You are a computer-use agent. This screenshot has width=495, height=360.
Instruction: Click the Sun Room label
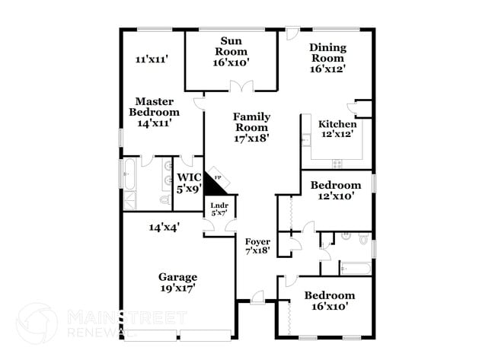point(232,52)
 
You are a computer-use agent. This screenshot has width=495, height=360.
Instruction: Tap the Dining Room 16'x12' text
point(327,58)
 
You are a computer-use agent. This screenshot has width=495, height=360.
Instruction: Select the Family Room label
point(251,127)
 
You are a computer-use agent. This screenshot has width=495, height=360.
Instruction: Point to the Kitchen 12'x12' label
point(337,129)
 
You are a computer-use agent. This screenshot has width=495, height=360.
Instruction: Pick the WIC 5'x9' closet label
point(188,183)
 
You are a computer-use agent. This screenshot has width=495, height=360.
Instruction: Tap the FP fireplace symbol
point(218,178)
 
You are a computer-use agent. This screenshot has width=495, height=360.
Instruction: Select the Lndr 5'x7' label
point(219,208)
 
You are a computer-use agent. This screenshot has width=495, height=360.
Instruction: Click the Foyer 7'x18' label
point(257,246)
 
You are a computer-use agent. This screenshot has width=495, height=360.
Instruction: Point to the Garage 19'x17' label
point(177,282)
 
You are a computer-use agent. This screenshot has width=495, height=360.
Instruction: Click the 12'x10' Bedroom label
point(336,190)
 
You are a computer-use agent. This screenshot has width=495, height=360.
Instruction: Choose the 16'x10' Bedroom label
point(329,301)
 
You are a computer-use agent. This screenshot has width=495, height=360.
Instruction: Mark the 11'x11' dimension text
point(152,59)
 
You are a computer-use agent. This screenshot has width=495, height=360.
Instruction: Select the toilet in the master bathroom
point(164,200)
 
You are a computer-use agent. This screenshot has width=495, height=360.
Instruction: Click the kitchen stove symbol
point(337,162)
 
